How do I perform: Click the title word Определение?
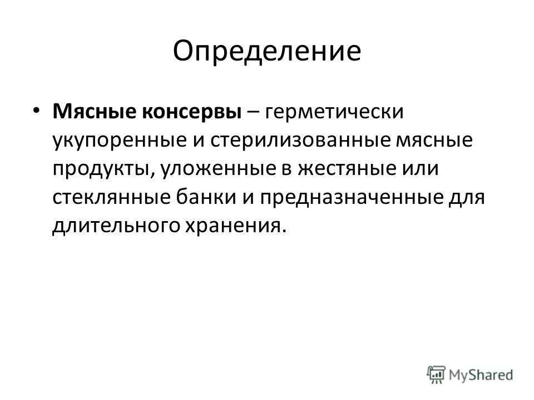point(266,52)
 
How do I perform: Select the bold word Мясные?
point(94,111)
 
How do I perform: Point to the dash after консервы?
point(253,112)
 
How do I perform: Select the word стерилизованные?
point(300,141)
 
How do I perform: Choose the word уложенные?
point(218,169)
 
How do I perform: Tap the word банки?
point(206,197)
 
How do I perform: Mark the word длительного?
point(116,227)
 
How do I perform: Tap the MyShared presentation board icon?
point(436,375)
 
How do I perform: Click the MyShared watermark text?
point(481,375)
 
